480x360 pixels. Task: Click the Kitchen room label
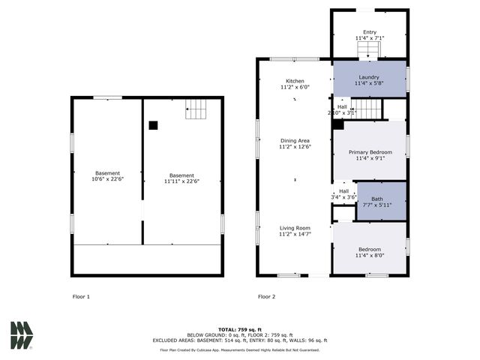(x=295, y=80)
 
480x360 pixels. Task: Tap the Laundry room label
(x=368, y=77)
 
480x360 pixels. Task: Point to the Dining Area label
(x=295, y=140)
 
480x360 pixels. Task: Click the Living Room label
(x=295, y=228)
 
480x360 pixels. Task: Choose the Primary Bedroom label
(x=370, y=152)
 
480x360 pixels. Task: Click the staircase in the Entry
(x=368, y=51)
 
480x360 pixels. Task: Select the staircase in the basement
(x=196, y=110)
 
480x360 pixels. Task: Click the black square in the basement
(x=153, y=126)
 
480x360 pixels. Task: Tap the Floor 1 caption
(x=81, y=297)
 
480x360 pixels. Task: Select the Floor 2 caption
(x=266, y=297)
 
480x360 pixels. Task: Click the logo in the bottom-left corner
(x=22, y=335)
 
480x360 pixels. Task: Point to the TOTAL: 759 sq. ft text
(x=240, y=329)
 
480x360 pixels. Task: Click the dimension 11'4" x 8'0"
(x=369, y=255)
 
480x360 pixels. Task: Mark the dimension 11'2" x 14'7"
(x=295, y=234)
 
